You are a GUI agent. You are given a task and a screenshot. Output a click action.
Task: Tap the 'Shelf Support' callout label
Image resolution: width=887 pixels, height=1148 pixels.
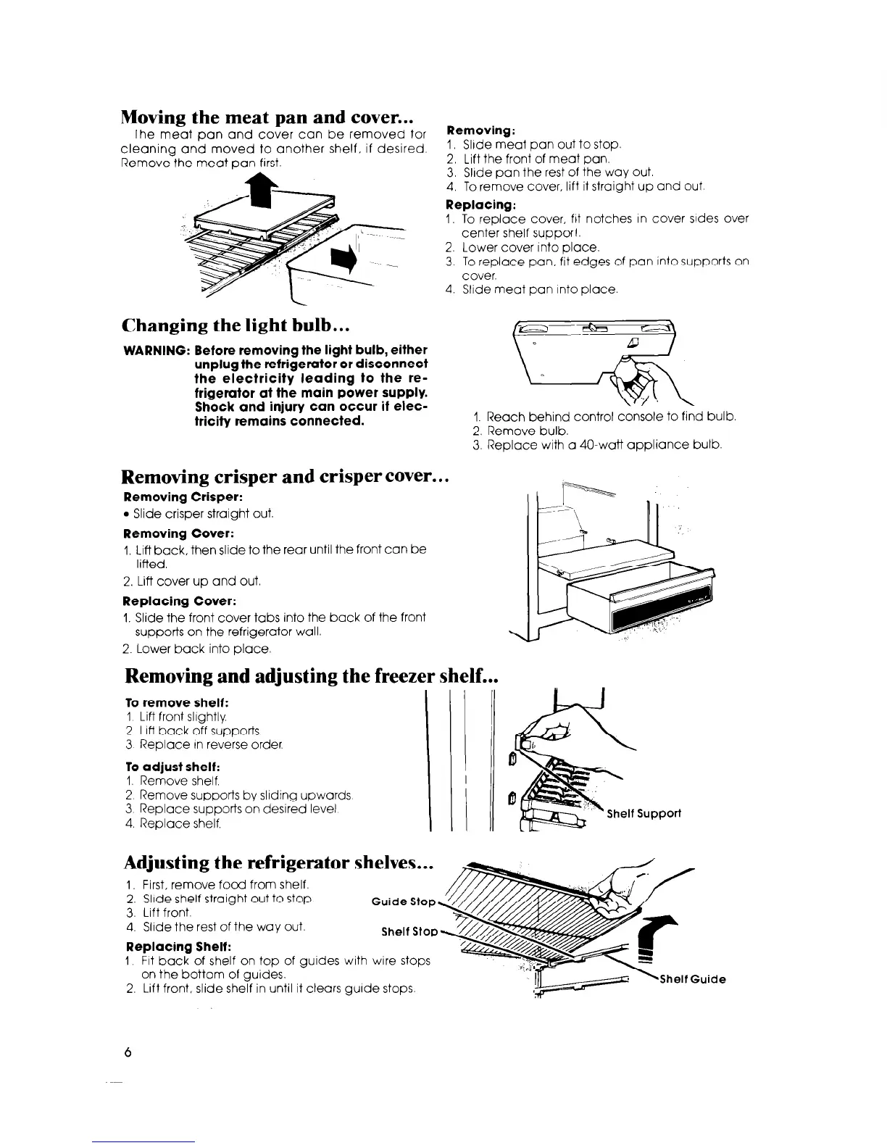point(644,813)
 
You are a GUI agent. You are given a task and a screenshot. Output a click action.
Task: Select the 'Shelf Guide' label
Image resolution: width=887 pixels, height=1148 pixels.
point(691,980)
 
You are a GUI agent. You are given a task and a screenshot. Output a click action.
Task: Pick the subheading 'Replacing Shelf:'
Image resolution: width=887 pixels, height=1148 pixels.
point(168,947)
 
